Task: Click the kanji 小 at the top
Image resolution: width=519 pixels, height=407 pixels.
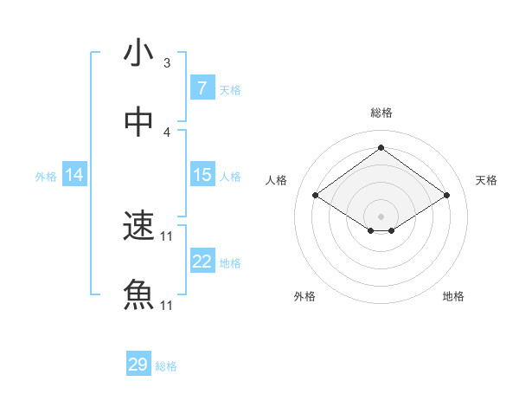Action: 138,54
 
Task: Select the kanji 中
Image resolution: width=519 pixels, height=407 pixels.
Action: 138,123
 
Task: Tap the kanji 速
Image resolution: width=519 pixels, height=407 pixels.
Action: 138,227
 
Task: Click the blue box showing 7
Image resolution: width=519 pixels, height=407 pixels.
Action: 202,88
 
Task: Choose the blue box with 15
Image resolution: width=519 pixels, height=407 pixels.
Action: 202,175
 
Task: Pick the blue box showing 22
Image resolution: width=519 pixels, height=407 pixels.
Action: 202,262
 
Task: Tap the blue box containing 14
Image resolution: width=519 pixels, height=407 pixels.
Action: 74,175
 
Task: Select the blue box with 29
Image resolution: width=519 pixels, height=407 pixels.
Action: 138,365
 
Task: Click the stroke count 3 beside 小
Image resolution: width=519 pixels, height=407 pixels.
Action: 167,63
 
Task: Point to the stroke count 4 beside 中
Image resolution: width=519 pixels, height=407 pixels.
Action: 167,132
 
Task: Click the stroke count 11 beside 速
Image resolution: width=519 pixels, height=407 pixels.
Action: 167,236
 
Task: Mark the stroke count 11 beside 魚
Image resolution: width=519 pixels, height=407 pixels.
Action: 167,306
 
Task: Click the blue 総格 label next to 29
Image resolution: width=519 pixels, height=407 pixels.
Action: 166,366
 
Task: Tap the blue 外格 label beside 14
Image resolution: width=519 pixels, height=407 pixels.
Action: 46,177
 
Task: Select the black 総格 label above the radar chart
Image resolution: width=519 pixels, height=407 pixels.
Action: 381,113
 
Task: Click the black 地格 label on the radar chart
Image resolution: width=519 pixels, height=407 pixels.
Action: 453,296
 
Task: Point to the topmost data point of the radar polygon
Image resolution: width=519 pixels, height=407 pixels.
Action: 381,147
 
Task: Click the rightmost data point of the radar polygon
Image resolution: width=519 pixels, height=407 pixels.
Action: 446,196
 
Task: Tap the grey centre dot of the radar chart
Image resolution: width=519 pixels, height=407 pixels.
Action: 381,216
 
